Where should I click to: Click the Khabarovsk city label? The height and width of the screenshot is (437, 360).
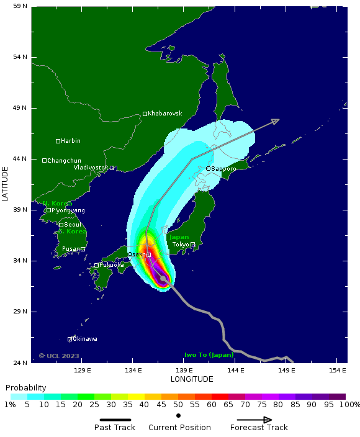pyautogui.click(x=165, y=114)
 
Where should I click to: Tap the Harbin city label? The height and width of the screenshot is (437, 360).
pyautogui.click(x=71, y=141)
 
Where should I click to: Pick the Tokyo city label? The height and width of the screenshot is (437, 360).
pyautogui.click(x=181, y=245)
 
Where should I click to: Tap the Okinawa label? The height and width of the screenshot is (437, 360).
pyautogui.click(x=85, y=339)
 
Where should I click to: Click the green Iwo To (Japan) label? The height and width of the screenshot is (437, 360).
pyautogui.click(x=209, y=355)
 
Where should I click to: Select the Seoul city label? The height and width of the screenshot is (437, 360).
pyautogui.click(x=72, y=225)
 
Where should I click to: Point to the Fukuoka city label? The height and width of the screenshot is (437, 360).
pyautogui.click(x=112, y=265)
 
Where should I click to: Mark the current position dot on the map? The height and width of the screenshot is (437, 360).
pyautogui.click(x=163, y=279)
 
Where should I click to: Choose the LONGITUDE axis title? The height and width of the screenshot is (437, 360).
pyautogui.click(x=192, y=379)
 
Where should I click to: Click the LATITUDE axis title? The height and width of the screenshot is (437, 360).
pyautogui.click(x=5, y=183)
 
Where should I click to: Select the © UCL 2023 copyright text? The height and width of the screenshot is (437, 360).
pyautogui.click(x=59, y=356)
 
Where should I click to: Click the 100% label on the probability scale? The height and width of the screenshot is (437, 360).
pyautogui.click(x=349, y=405)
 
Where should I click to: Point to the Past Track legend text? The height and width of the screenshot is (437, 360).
pyautogui.click(x=115, y=428)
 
